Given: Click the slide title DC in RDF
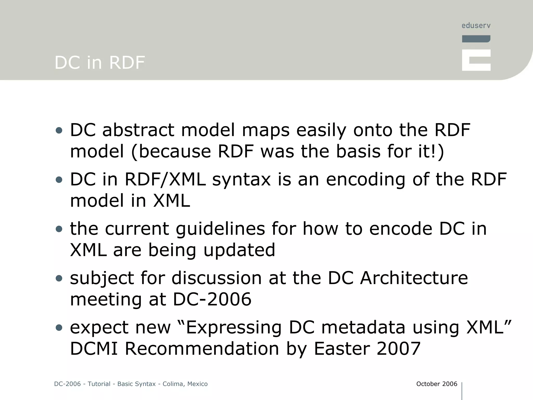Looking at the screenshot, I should [x=99, y=63].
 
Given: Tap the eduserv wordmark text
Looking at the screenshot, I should [x=476, y=26].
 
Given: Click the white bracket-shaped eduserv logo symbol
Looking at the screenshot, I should [x=476, y=60].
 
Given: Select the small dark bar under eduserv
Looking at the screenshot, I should [x=476, y=39].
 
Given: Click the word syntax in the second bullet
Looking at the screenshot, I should [x=241, y=179].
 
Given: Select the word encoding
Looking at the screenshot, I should [x=365, y=179].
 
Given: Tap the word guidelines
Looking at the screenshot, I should [x=220, y=229].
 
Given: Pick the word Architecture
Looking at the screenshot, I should [x=414, y=278].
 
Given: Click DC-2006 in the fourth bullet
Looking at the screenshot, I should [x=212, y=299].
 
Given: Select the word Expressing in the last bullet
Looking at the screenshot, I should [x=234, y=327].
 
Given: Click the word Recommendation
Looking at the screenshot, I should [x=202, y=349].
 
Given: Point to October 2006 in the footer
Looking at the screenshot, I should [x=436, y=384].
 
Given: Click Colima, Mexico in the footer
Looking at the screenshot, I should [x=185, y=384].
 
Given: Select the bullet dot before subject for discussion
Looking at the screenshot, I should [x=59, y=278].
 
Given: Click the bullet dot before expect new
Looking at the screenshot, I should [x=59, y=328].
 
